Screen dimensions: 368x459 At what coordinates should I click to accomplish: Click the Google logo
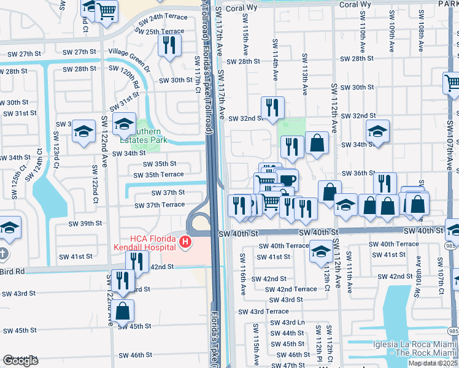20,360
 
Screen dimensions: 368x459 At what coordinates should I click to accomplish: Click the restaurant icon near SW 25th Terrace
168,45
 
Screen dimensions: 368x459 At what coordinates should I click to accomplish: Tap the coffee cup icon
287,179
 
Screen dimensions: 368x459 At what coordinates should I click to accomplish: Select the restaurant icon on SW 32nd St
272,107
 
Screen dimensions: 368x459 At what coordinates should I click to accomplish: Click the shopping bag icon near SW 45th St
122,310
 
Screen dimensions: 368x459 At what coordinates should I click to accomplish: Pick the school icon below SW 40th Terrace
321,251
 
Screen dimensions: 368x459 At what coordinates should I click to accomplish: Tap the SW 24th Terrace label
161,17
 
